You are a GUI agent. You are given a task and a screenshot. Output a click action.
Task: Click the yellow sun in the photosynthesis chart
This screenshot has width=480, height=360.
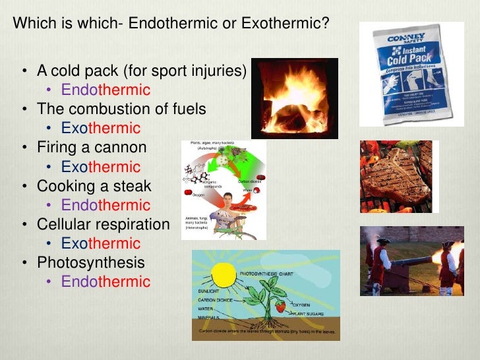coord(224,274)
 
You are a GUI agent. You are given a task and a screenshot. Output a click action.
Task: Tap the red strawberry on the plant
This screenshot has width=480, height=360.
coord(280,306)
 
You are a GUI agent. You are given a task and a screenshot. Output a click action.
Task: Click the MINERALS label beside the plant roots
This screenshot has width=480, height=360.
coord(210,317)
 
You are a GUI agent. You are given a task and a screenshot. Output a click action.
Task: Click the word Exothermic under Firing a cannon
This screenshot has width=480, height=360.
coord(101,167)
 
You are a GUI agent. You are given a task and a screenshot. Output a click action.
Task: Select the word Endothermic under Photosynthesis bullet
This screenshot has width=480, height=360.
coord(105,282)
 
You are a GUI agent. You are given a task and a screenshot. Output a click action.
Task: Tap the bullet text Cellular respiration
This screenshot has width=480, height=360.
coord(103,224)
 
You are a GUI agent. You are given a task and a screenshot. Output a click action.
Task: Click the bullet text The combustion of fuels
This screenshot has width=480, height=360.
coord(121,109)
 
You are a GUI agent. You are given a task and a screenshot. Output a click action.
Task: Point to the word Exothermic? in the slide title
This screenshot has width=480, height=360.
coord(285,23)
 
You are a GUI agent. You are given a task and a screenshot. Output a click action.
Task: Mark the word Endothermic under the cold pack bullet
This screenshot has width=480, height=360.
coord(105,90)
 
